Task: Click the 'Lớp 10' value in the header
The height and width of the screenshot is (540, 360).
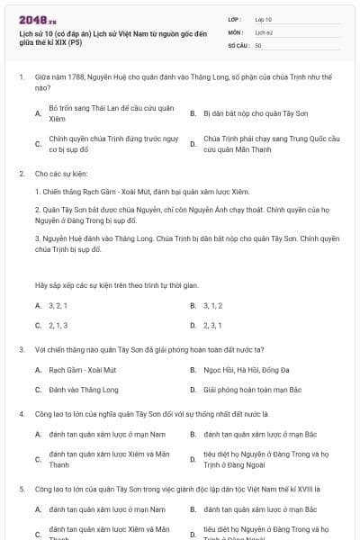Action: (264, 19)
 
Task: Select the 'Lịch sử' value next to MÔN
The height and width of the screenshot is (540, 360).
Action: (263, 31)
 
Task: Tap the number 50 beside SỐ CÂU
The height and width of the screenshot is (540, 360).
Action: (258, 44)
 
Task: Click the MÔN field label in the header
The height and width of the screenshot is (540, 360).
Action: (235, 31)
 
